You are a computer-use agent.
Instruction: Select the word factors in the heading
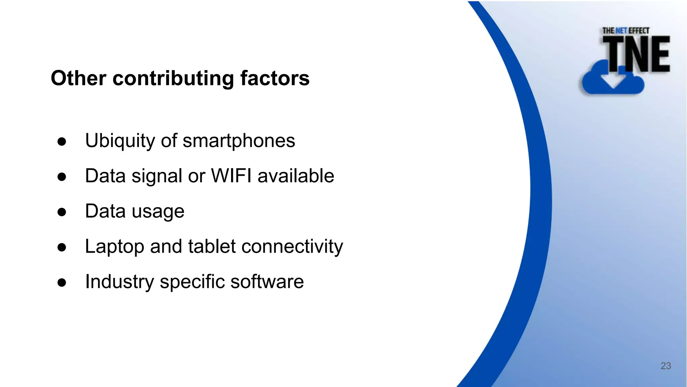275,78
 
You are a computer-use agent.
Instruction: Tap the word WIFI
231,176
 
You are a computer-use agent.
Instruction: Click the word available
296,176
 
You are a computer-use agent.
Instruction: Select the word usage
158,212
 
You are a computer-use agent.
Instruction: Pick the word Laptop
114,247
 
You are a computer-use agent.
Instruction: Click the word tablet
212,246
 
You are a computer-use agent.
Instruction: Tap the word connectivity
292,247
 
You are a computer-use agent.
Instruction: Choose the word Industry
119,282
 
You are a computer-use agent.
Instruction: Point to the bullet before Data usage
62,212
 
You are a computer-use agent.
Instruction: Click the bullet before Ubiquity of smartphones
62,141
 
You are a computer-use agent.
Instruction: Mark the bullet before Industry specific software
62,283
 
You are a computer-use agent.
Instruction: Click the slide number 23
666,366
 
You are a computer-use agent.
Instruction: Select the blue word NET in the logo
621,31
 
